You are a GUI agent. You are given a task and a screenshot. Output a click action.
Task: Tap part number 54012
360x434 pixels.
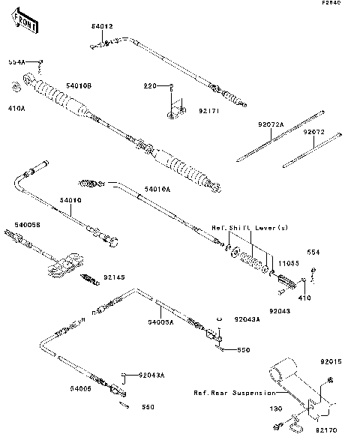(102, 26)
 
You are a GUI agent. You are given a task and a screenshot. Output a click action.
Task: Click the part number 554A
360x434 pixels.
(16, 61)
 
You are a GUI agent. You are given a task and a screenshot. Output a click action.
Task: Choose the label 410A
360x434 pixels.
(16, 109)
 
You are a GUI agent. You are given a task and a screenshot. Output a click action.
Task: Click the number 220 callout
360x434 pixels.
(150, 86)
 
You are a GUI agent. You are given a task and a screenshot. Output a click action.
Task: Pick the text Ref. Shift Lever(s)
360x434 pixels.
(249, 227)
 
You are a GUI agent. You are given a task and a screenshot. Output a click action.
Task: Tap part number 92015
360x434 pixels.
(331, 362)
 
